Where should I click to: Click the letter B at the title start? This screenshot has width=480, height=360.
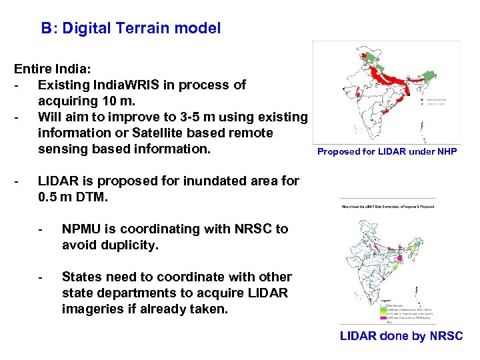pyautogui.click(x=45, y=29)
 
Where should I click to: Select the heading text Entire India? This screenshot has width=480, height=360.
pyautogui.click(x=54, y=69)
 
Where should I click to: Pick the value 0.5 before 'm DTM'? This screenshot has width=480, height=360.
pyautogui.click(x=49, y=197)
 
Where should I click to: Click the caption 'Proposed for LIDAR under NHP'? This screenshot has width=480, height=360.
pyautogui.click(x=387, y=151)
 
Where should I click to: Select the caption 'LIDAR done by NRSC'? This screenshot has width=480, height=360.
pyautogui.click(x=401, y=336)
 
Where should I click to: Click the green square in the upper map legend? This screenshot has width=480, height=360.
pyautogui.click(x=422, y=104)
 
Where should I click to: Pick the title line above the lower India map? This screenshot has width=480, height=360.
pyautogui.click(x=388, y=206)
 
